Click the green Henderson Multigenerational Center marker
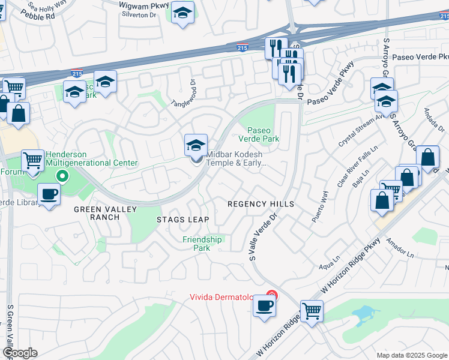click(x=61, y=176)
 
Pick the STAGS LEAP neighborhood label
click(x=183, y=220)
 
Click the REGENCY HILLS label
click(x=261, y=204)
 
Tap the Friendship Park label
click(x=202, y=244)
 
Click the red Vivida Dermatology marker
click(x=272, y=295)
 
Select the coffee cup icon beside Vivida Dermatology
click(x=264, y=307)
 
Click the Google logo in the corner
click(x=20, y=353)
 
